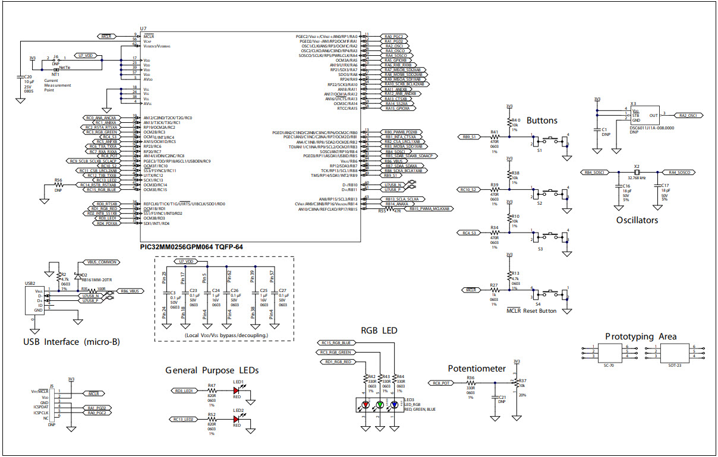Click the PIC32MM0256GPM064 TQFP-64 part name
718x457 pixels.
coord(191,246)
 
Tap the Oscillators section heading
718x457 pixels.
coord(637,220)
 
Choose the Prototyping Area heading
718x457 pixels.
coord(641,336)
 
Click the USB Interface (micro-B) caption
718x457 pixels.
coord(67,341)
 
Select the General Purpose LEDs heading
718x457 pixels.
coord(212,370)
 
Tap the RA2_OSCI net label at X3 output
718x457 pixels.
coord(691,115)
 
